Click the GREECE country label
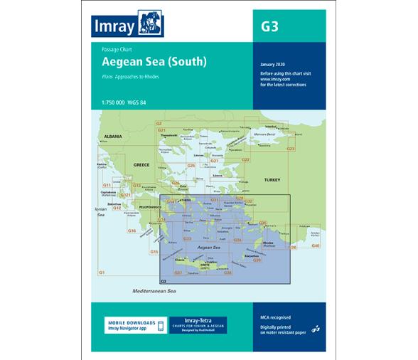[x=141, y=165]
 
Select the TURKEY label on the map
[x=273, y=180]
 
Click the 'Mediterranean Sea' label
[x=152, y=292]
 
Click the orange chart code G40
[x=316, y=245]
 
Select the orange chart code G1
[x=102, y=273]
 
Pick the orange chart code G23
[x=290, y=149]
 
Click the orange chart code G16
[x=132, y=231]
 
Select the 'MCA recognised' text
[x=276, y=317]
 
